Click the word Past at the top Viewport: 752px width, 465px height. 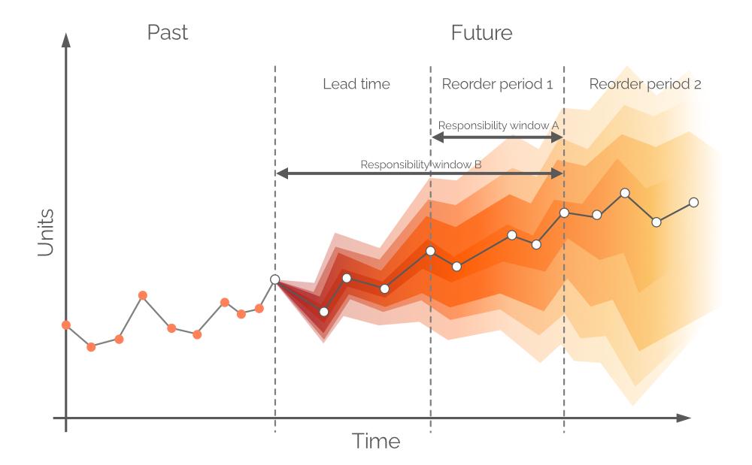point(167,33)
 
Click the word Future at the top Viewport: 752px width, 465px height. point(481,33)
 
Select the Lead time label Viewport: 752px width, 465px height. point(356,84)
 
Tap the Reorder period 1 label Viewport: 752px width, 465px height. point(497,84)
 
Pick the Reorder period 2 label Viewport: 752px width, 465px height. point(644,84)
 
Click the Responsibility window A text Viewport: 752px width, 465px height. point(497,125)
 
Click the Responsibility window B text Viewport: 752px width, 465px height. point(420,165)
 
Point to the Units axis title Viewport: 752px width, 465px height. point(46,232)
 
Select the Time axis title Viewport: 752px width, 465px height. point(376,441)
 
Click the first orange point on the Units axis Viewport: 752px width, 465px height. point(66,325)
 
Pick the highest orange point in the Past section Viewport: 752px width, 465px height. point(143,295)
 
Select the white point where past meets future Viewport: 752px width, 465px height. point(274,279)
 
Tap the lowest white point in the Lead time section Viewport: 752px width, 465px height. point(324,311)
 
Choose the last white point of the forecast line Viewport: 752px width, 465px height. point(693,202)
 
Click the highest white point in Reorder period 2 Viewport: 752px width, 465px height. point(625,193)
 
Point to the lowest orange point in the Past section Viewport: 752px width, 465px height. point(91,347)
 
